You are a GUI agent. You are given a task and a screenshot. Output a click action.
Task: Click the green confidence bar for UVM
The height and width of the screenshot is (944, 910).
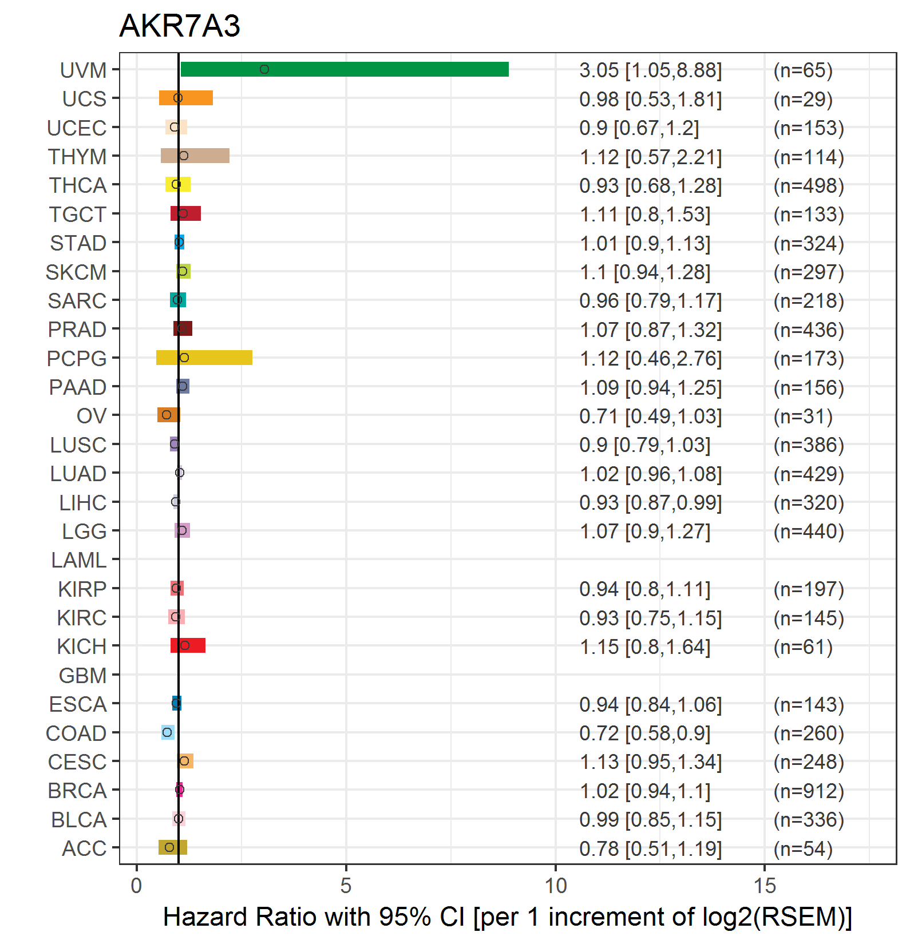[x=345, y=69]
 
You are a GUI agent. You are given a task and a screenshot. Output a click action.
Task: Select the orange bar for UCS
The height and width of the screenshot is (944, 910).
[x=186, y=98]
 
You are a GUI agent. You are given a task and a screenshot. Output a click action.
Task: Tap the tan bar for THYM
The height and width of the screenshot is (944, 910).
[x=195, y=156]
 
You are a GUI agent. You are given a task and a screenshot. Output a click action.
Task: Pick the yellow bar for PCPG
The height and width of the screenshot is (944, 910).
[x=204, y=358]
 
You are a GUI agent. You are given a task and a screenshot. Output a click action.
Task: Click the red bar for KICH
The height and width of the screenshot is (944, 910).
[x=188, y=645]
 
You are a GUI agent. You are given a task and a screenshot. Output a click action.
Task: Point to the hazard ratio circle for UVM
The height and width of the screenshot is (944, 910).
[x=264, y=69]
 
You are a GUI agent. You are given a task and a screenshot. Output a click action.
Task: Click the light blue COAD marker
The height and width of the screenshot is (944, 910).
[x=167, y=732]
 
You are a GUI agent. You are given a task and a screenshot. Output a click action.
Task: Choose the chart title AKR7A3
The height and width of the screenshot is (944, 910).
[x=180, y=26]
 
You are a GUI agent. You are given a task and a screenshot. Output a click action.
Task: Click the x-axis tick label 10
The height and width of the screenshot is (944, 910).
[x=555, y=886]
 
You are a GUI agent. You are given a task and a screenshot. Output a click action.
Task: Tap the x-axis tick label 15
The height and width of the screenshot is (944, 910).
[x=765, y=886]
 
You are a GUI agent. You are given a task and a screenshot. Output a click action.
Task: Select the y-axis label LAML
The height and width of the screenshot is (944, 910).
[x=79, y=560]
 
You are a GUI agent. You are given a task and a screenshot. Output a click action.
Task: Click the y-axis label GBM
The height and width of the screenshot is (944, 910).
[x=83, y=676]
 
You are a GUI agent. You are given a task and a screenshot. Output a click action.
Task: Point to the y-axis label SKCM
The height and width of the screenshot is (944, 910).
[x=76, y=272]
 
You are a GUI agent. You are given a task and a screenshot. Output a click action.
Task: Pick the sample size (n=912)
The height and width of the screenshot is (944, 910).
[x=809, y=791]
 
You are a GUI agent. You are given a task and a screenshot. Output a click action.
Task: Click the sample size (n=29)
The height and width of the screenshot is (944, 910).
[x=803, y=99]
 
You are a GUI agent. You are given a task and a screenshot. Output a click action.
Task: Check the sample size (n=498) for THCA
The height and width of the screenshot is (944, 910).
[x=809, y=185]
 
